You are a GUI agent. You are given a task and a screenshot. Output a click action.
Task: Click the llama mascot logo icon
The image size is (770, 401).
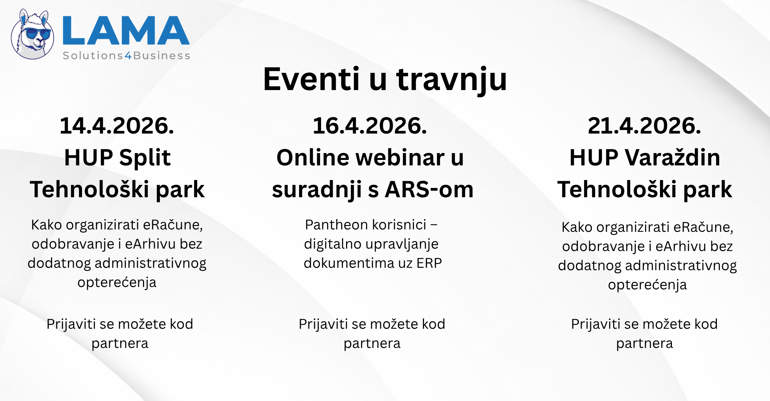tap(33, 34)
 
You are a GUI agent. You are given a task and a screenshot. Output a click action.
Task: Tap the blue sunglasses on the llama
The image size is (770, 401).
tap(38, 33)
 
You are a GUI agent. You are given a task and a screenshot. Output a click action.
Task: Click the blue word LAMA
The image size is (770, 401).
tap(126, 30)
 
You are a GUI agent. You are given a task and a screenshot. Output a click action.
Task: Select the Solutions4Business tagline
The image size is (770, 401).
tap(126, 55)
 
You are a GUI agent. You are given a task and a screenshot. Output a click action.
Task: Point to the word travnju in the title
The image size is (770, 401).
tap(451, 80)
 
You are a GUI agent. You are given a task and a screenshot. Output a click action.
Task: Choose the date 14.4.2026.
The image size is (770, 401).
tap(117, 126)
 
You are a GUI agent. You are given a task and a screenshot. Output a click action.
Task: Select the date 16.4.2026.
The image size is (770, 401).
tap(370, 126)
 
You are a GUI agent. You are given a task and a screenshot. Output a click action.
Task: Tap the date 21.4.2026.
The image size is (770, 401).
tap(644, 126)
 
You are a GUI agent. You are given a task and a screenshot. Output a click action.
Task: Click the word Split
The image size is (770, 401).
tap(145, 159)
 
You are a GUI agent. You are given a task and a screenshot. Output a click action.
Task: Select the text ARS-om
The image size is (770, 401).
tap(429, 189)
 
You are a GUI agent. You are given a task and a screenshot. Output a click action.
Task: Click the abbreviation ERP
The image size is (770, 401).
tap(429, 263)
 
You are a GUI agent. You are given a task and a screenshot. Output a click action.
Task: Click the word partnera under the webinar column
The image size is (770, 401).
tap(372, 343)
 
